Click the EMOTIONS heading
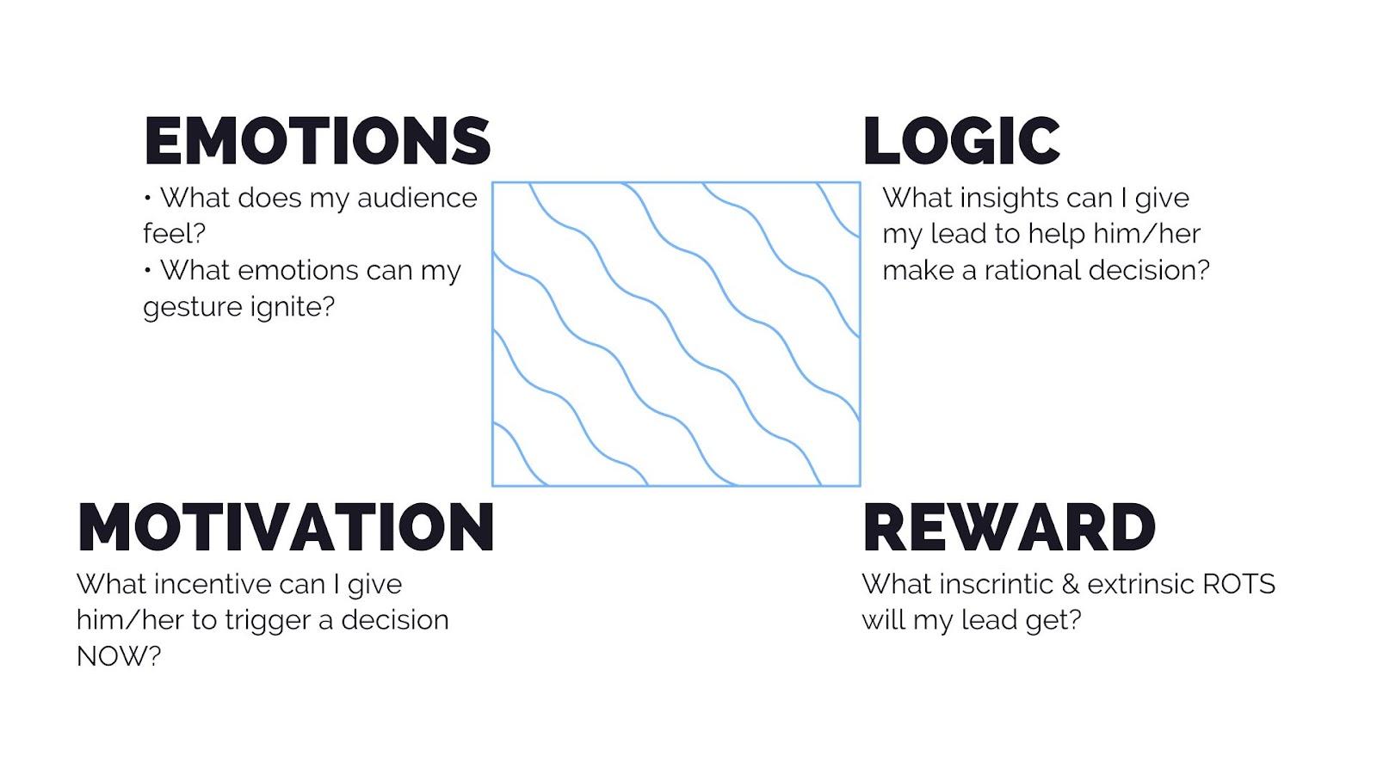318,141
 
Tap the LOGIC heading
962,141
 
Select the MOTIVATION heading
286,526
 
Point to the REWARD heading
1010,526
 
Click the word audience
417,199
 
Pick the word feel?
174,233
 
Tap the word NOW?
119,657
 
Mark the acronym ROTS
1238,584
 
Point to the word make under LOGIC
917,271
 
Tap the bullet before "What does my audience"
147,198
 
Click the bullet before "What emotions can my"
147,270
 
